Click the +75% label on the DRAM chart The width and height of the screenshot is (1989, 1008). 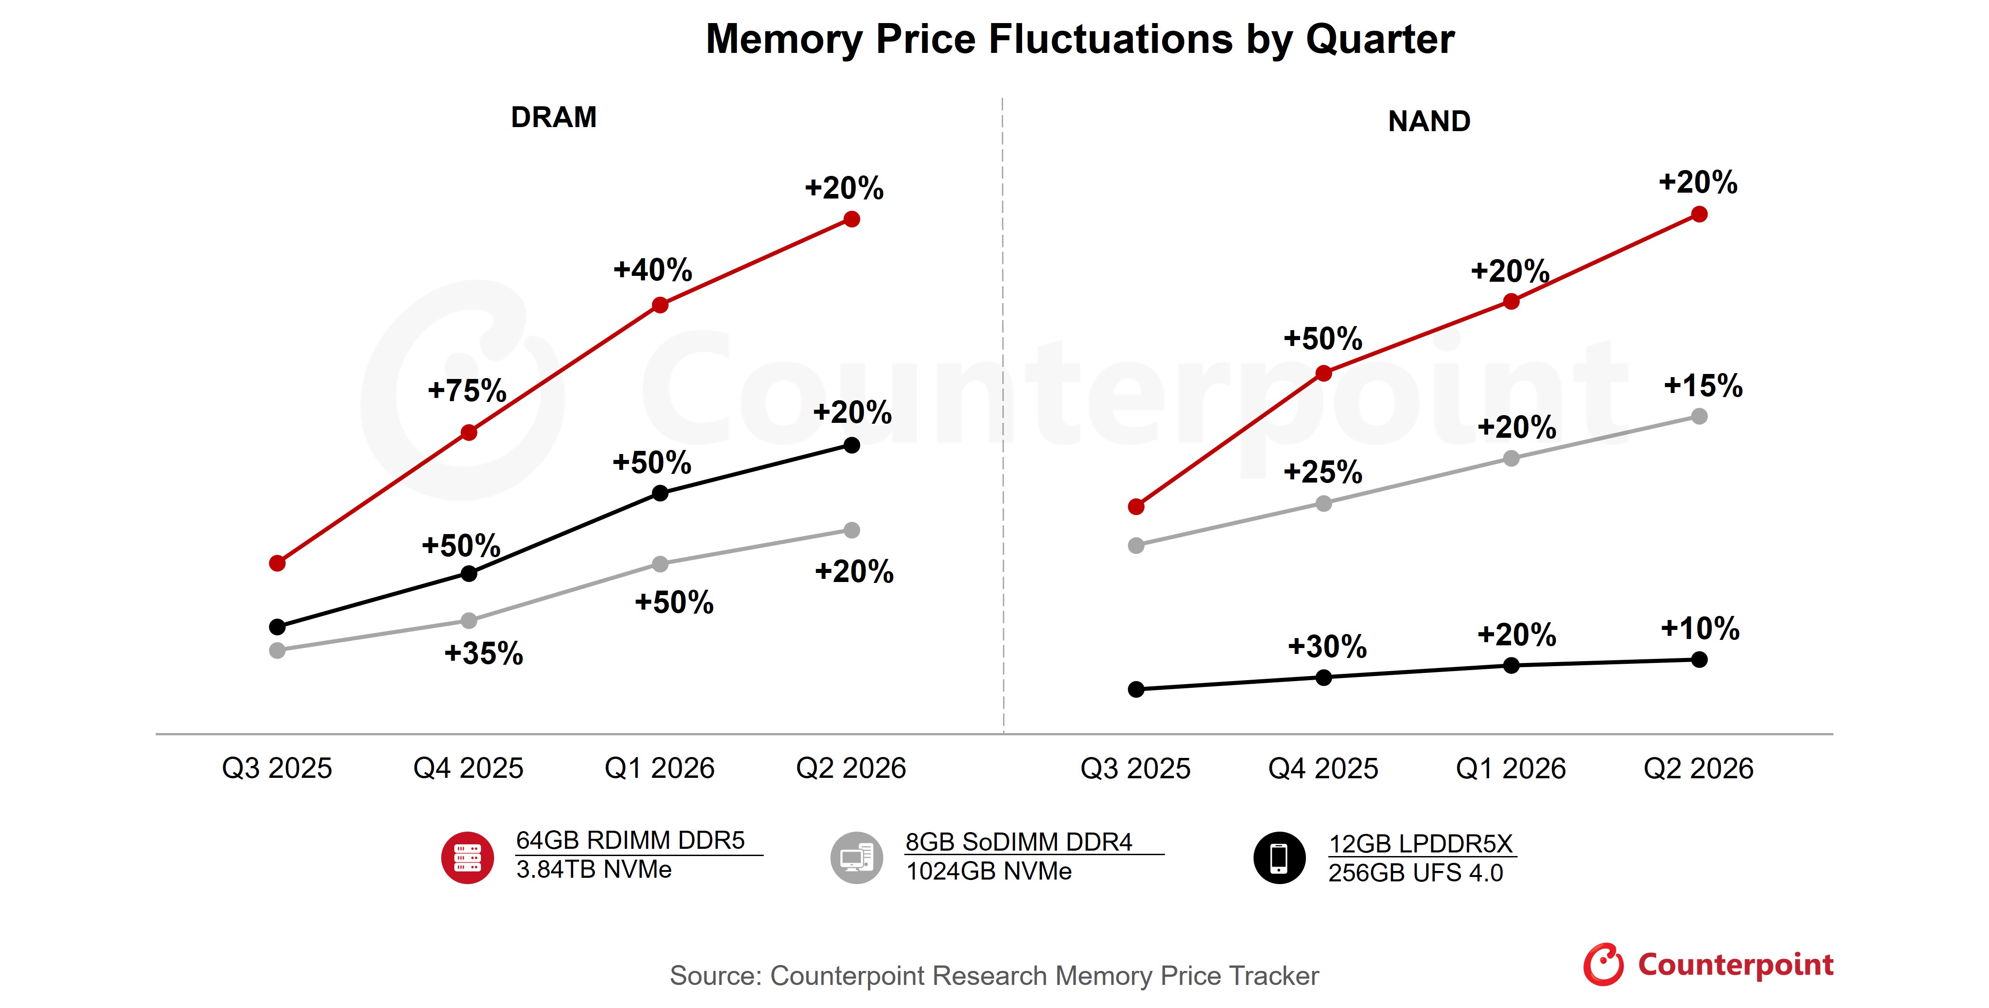coord(467,391)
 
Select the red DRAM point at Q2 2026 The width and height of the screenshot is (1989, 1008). coord(852,219)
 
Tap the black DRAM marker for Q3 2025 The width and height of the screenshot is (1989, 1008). coord(277,626)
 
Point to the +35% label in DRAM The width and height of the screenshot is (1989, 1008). coord(483,653)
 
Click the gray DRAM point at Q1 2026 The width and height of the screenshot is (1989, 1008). coord(660,564)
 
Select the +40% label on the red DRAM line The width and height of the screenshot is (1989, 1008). coord(652,270)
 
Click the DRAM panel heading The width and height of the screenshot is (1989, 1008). coord(554,118)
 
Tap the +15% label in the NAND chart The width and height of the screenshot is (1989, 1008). coord(1702,385)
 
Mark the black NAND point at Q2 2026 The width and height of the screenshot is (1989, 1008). coord(1699,660)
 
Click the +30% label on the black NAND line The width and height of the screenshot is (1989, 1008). coord(1326,647)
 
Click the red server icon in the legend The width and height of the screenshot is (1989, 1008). coord(467,857)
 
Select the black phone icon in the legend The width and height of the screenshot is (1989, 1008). coord(1279,857)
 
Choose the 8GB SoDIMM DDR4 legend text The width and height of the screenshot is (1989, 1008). coord(1018,842)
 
